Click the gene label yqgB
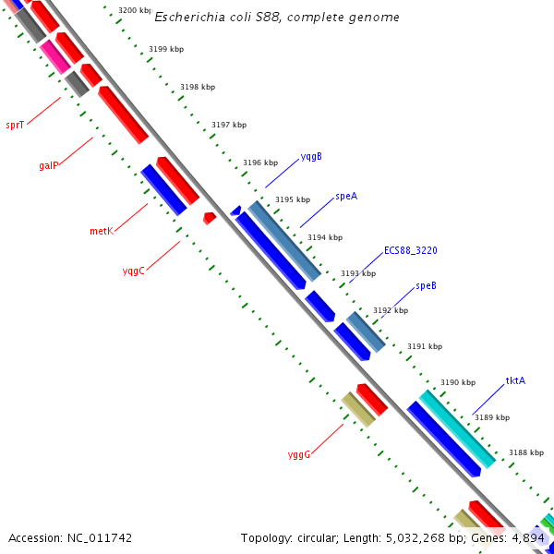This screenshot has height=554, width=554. pos(311,156)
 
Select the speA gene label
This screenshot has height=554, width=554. pos(346,196)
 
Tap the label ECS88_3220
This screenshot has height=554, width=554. pos(411,250)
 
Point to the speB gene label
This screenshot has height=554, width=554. pos(426,285)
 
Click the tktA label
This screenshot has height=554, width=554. pos(515,380)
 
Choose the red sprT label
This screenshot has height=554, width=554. pos(15,125)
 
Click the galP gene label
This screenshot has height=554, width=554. pos(49,165)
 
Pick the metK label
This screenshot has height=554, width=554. pos(102,231)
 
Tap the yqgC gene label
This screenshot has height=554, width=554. pos(134,271)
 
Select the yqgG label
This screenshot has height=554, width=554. pos(298,454)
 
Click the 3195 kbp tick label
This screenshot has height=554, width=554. pos(293,199)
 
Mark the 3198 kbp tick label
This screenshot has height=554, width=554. pos(198,87)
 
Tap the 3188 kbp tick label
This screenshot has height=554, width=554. pos(525,452)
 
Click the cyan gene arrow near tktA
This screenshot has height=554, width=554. pos(457,428)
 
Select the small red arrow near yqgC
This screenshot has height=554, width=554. pos(210,218)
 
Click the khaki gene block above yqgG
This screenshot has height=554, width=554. pos(358,409)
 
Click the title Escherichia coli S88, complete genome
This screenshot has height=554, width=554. pos(277,18)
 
